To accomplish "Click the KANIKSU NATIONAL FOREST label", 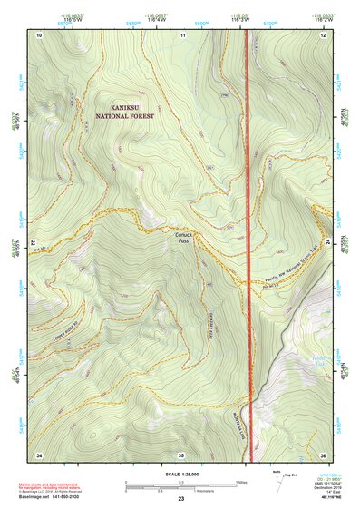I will pyautogui.click(x=126, y=112).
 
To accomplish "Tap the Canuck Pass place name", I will pyautogui.click(x=182, y=238).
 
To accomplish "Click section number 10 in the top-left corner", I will pyautogui.click(x=40, y=34).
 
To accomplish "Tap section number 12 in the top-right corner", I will pyautogui.click(x=322, y=34).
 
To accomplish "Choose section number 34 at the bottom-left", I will pyautogui.click(x=39, y=455).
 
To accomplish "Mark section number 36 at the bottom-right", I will pyautogui.click(x=322, y=455).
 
